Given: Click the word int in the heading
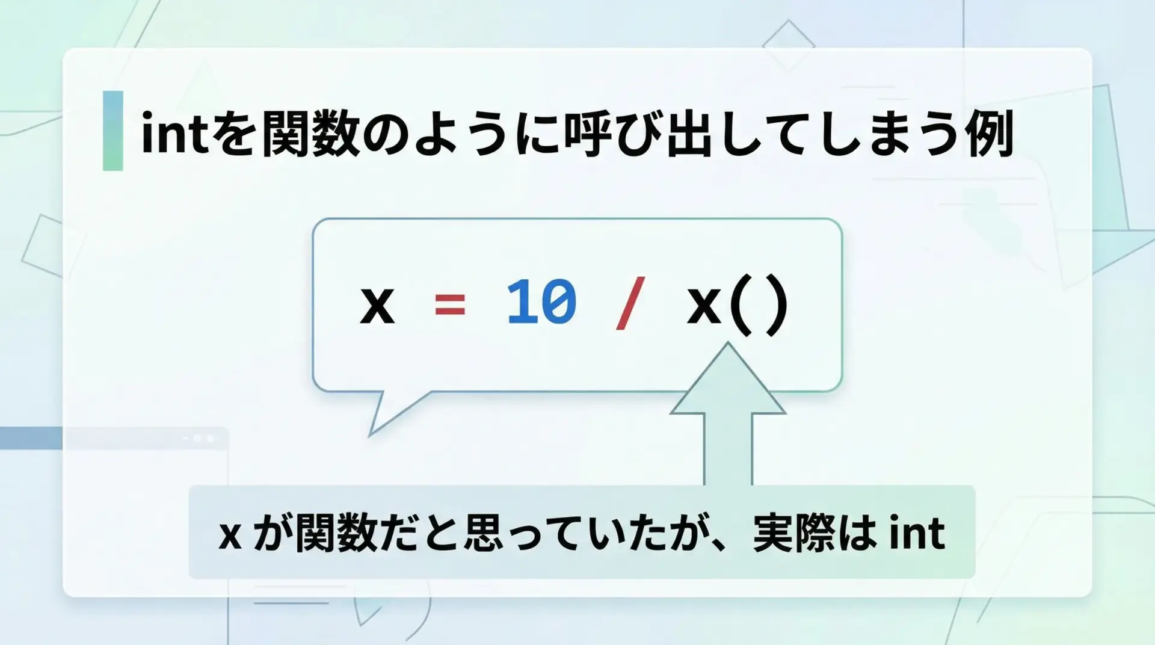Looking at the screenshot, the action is [174, 132].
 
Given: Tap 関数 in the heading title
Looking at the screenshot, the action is [311, 132].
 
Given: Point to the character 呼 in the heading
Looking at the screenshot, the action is [588, 132].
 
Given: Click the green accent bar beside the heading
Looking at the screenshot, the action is [113, 131].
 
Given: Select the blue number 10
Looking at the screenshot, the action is [541, 302].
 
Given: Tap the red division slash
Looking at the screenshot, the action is [630, 303].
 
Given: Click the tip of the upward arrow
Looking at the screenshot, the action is [728, 343].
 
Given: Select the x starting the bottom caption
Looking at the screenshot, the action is [230, 535].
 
